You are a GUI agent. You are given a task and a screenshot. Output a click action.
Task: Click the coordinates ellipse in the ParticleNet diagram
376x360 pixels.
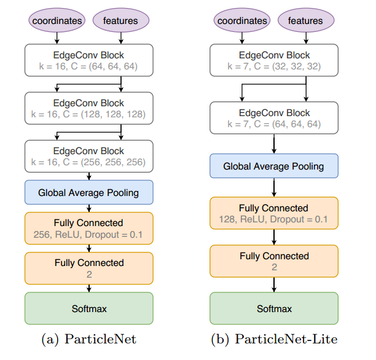coord(57,20)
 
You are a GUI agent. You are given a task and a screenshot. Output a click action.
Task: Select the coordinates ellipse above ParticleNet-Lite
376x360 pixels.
coord(243,20)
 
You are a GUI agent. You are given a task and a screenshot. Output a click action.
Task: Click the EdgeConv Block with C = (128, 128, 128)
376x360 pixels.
coord(89,108)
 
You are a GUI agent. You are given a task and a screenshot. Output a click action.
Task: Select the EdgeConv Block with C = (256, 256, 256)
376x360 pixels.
coord(89,156)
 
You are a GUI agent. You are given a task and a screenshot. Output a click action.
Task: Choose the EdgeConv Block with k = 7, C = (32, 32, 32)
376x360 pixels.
coord(274,61)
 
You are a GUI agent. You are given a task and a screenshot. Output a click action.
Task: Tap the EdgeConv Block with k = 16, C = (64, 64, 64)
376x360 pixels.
coord(89,61)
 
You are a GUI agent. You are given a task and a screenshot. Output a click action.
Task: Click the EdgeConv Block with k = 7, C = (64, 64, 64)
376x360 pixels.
coord(274,118)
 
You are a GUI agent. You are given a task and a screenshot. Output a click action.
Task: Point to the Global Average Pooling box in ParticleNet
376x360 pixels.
coord(89,192)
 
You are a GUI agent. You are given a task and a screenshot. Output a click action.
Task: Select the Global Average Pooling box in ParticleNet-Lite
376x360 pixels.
coord(274,166)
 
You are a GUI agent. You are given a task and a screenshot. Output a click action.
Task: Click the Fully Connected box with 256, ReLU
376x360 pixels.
coord(89,228)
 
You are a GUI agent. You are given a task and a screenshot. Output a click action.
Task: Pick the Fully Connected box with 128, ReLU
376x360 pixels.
coord(274,214)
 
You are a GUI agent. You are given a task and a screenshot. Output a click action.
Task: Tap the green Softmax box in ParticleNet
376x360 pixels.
coord(89,308)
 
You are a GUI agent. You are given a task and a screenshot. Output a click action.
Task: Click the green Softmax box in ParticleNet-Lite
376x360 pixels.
coord(274,308)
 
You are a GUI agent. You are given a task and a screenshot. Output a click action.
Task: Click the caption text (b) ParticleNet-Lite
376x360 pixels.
coord(274,339)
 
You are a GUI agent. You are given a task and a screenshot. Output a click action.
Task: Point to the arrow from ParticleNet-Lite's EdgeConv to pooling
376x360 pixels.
coord(274,144)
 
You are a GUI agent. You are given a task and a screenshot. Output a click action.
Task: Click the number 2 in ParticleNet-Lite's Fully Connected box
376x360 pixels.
coord(274,267)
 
